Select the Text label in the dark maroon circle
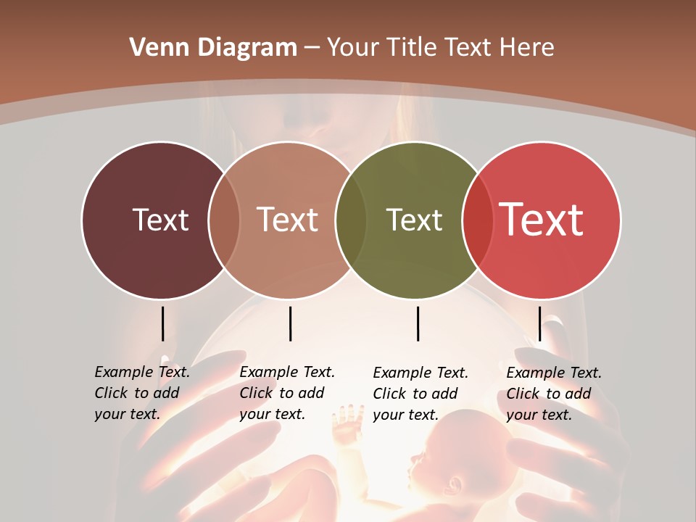[x=160, y=220]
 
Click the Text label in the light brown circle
[x=288, y=220]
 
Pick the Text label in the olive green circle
[x=414, y=220]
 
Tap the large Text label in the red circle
[x=542, y=220]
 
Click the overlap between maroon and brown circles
[x=224, y=220]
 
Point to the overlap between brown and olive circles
[x=351, y=220]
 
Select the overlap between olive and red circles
[x=478, y=220]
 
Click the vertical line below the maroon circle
[x=162, y=323]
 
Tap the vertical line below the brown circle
[x=290, y=323]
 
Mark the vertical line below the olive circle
[x=418, y=323]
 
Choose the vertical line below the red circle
[x=539, y=323]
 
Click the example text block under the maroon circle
[x=141, y=393]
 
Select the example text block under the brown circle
[x=286, y=393]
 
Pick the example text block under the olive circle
[x=420, y=394]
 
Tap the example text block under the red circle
[x=553, y=394]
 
